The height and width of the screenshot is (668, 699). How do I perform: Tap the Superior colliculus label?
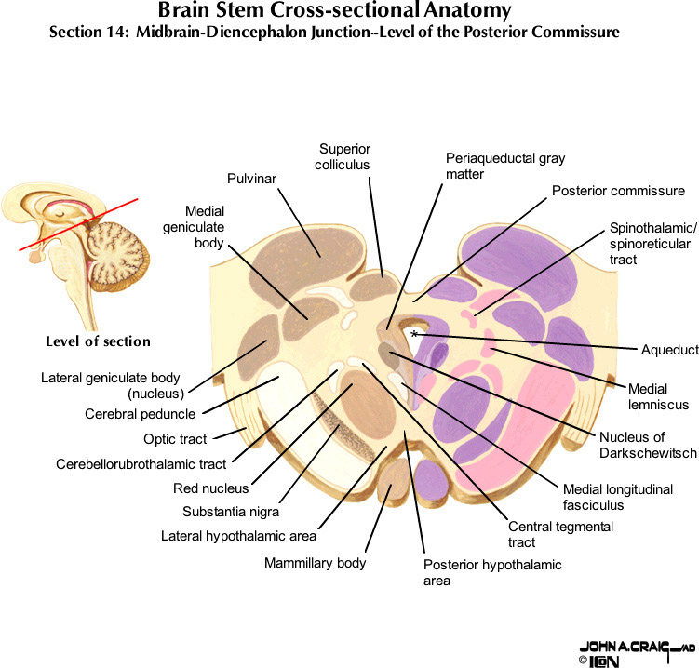click(x=344, y=156)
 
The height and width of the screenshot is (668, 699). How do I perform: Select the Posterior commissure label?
click(x=618, y=191)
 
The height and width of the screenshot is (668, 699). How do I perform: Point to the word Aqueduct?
click(x=669, y=350)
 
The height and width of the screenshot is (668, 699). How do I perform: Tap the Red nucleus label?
click(x=210, y=488)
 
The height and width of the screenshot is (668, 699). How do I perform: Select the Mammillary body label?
click(x=315, y=563)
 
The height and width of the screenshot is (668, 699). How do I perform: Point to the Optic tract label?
click(x=175, y=438)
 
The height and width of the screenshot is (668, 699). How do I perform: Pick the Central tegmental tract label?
click(x=560, y=534)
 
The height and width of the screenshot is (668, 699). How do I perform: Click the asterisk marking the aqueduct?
click(x=414, y=332)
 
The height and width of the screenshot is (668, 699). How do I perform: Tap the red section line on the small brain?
click(x=79, y=224)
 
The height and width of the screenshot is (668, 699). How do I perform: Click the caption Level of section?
click(x=98, y=341)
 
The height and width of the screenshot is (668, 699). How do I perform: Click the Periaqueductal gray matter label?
click(x=504, y=166)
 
